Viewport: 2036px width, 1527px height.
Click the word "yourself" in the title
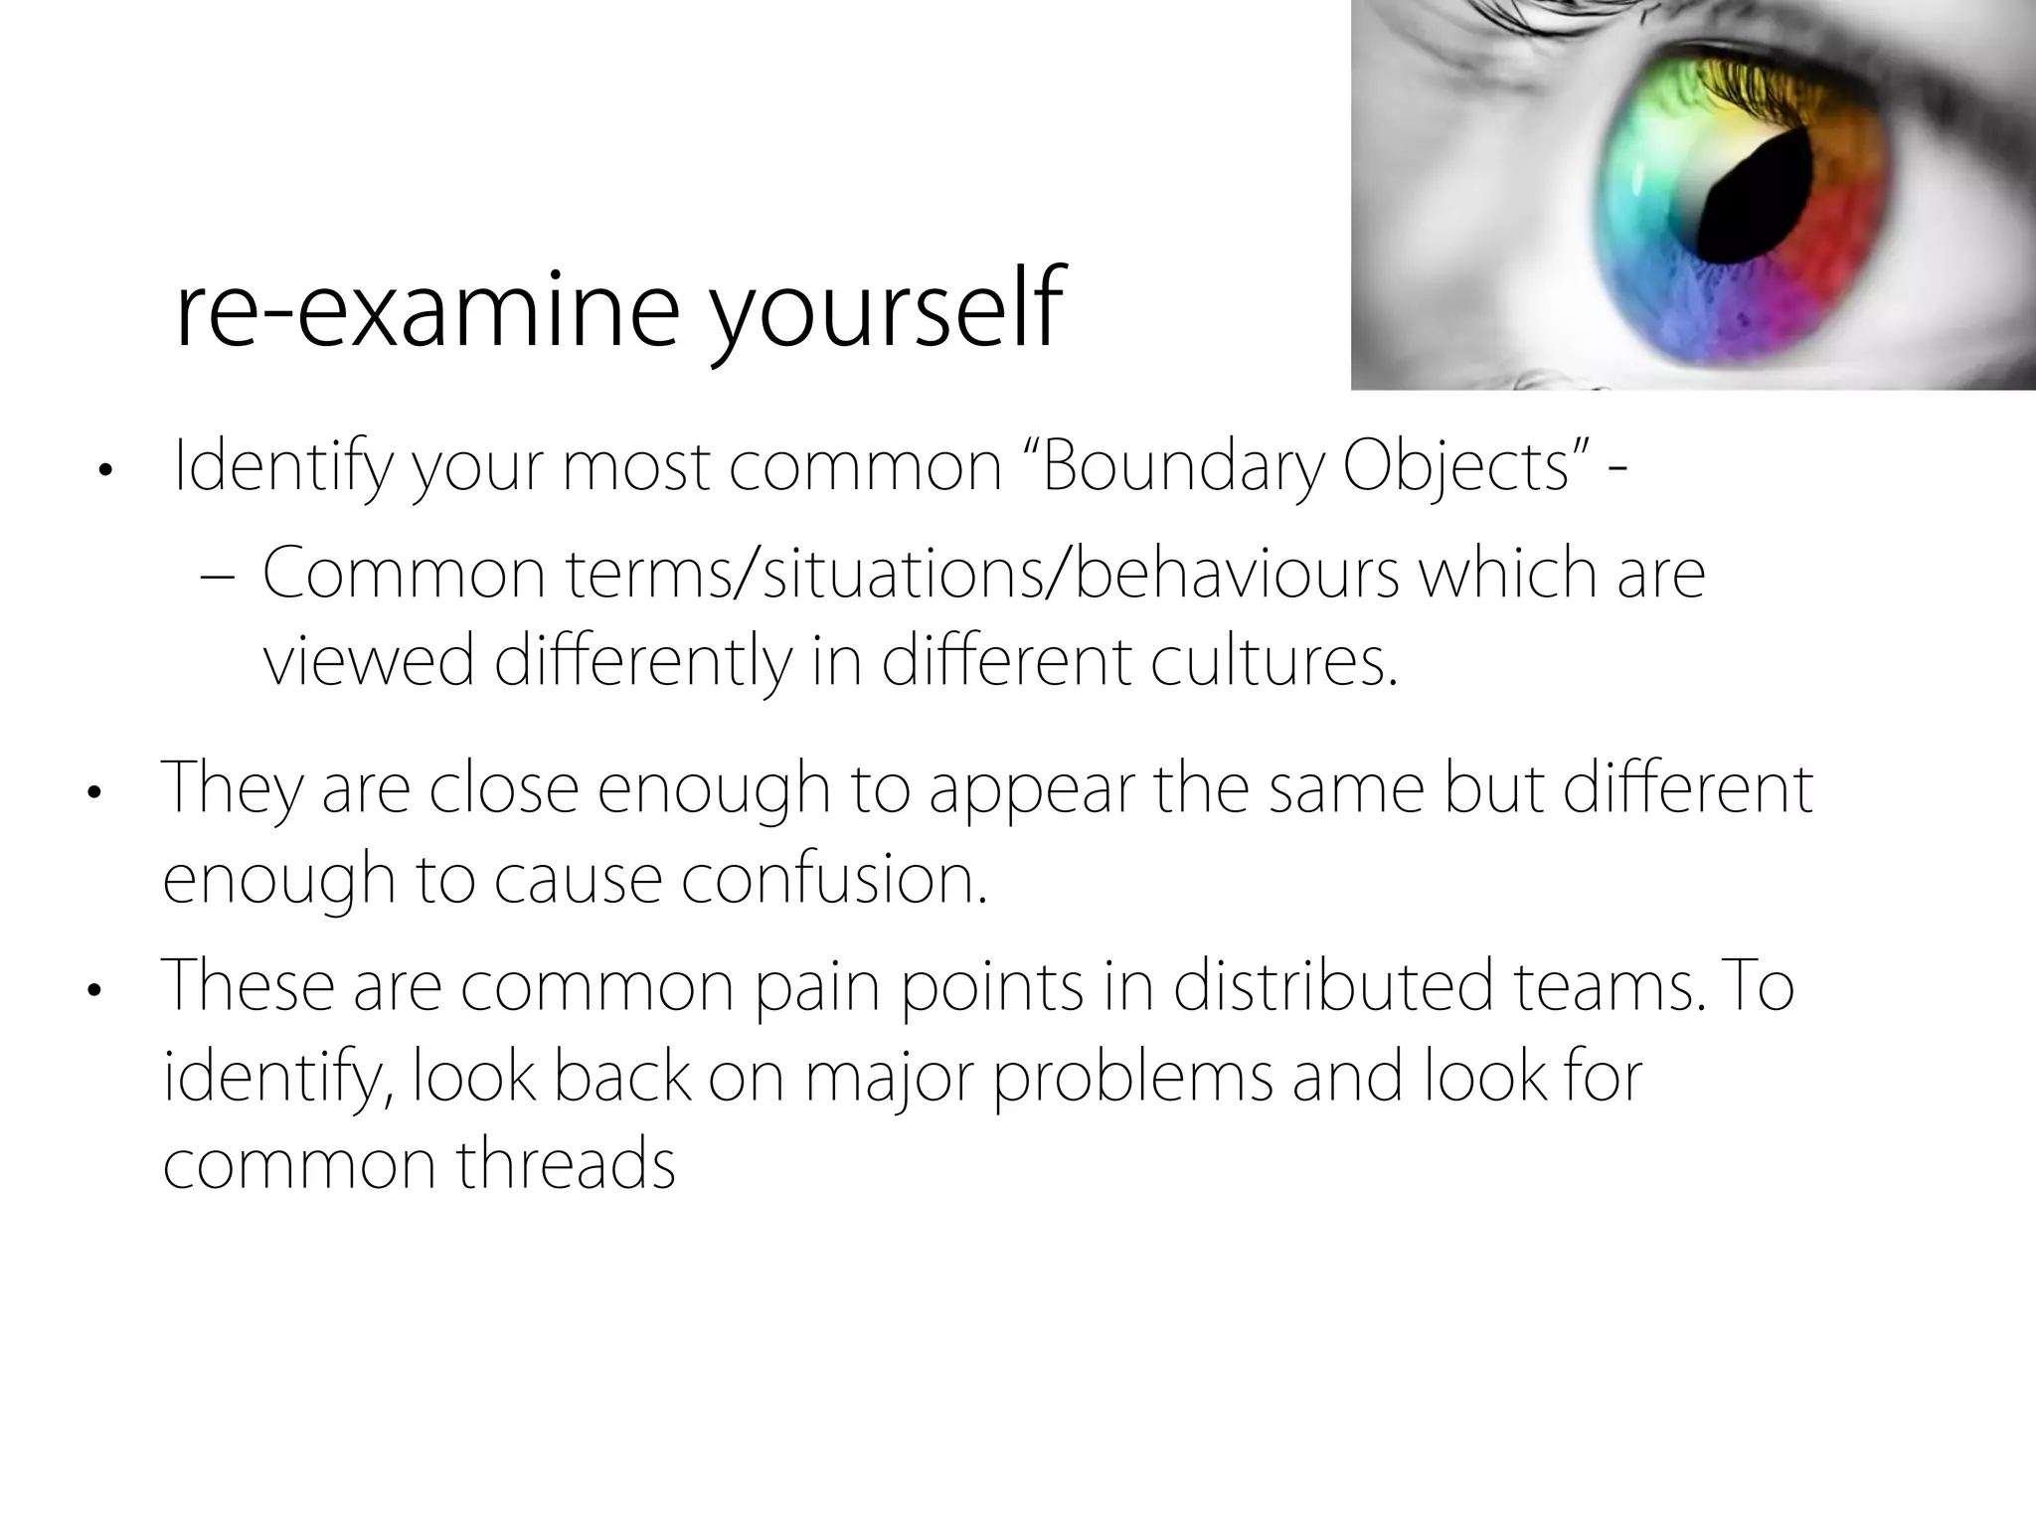click(x=887, y=310)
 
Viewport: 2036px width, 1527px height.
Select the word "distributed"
click(x=1332, y=986)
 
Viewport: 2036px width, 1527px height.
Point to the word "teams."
click(x=1611, y=986)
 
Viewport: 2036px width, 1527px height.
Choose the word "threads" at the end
click(x=566, y=1164)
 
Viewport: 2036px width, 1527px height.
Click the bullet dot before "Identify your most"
click(x=103, y=472)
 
